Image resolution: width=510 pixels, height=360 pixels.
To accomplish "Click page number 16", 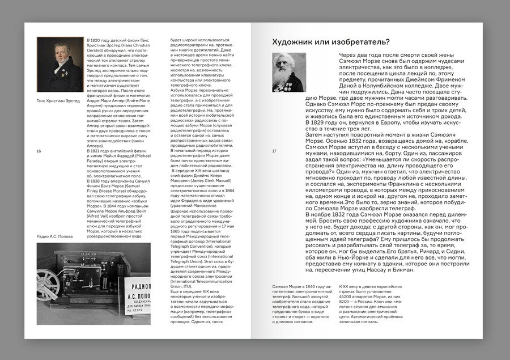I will [39, 151].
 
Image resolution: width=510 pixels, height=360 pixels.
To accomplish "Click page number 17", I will [275, 151].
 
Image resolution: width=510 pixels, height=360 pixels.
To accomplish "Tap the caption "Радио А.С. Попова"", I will [55, 236].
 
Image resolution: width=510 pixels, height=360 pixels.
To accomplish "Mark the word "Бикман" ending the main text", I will [400, 269].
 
